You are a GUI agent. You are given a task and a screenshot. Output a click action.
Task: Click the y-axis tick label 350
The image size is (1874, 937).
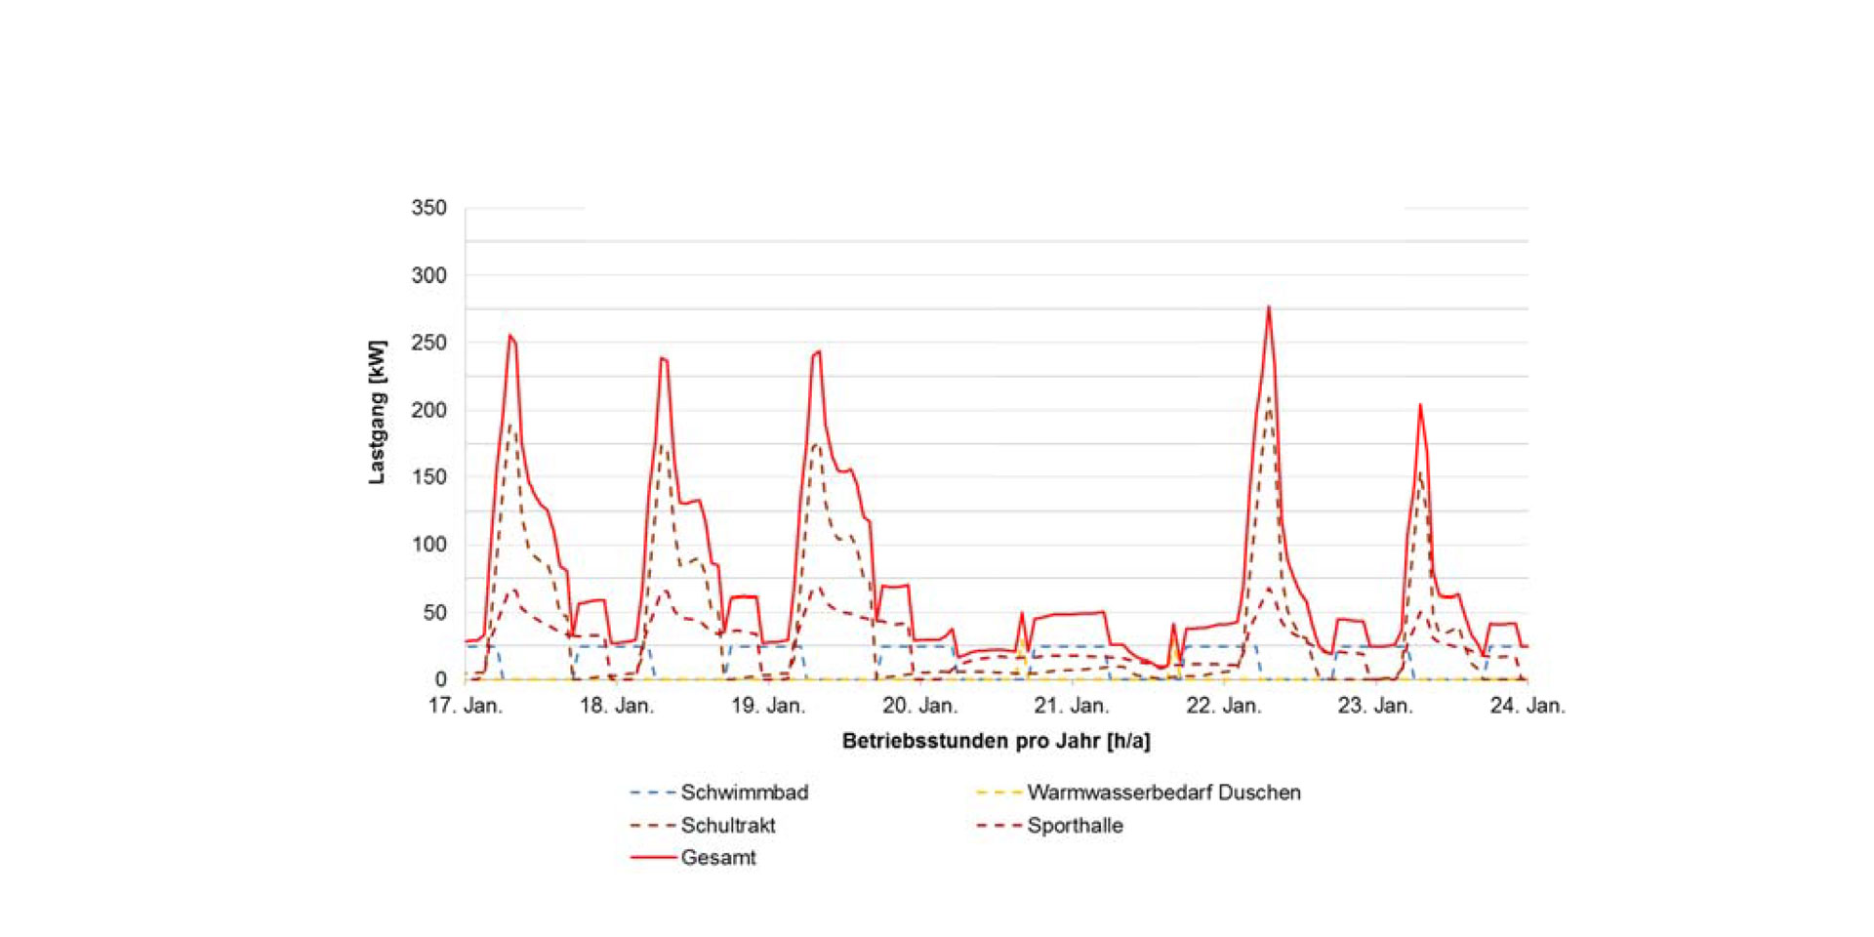428,208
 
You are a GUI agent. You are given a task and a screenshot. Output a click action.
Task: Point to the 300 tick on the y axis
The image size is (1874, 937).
428,275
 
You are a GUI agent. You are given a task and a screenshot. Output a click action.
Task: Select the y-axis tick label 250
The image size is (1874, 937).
428,343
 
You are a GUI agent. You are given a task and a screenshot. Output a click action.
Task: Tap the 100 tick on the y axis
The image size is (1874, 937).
428,545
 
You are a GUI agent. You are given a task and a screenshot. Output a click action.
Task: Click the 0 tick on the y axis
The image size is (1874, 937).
440,679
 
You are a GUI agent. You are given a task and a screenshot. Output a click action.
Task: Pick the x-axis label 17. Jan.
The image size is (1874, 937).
466,706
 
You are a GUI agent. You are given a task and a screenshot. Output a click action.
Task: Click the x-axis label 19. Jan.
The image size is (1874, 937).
768,706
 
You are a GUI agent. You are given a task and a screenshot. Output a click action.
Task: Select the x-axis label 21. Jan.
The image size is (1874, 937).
1072,706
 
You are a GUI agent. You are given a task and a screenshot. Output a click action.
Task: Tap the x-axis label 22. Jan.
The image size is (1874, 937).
1224,706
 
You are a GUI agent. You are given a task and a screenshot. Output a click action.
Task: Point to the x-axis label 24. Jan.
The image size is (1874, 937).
1527,706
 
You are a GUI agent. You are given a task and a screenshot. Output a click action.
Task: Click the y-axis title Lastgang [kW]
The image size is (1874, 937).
377,412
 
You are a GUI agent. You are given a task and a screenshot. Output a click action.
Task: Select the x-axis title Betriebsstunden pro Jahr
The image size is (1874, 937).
996,741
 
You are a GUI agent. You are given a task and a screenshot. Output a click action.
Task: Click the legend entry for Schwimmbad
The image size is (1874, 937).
744,793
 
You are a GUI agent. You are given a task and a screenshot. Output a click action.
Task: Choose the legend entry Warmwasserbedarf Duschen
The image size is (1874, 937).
1163,793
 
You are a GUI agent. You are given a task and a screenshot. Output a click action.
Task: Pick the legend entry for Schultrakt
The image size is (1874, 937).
727,826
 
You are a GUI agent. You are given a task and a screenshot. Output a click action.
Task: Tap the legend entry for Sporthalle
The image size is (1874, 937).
1075,826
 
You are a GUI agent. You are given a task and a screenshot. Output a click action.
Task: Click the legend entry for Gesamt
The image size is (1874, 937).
717,858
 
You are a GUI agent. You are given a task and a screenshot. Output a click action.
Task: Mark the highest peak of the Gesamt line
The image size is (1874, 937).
1269,307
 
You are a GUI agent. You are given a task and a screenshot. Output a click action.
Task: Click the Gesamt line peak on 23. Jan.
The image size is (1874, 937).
1420,405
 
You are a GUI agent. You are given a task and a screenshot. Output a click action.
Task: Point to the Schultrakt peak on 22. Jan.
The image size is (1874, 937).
1269,395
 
